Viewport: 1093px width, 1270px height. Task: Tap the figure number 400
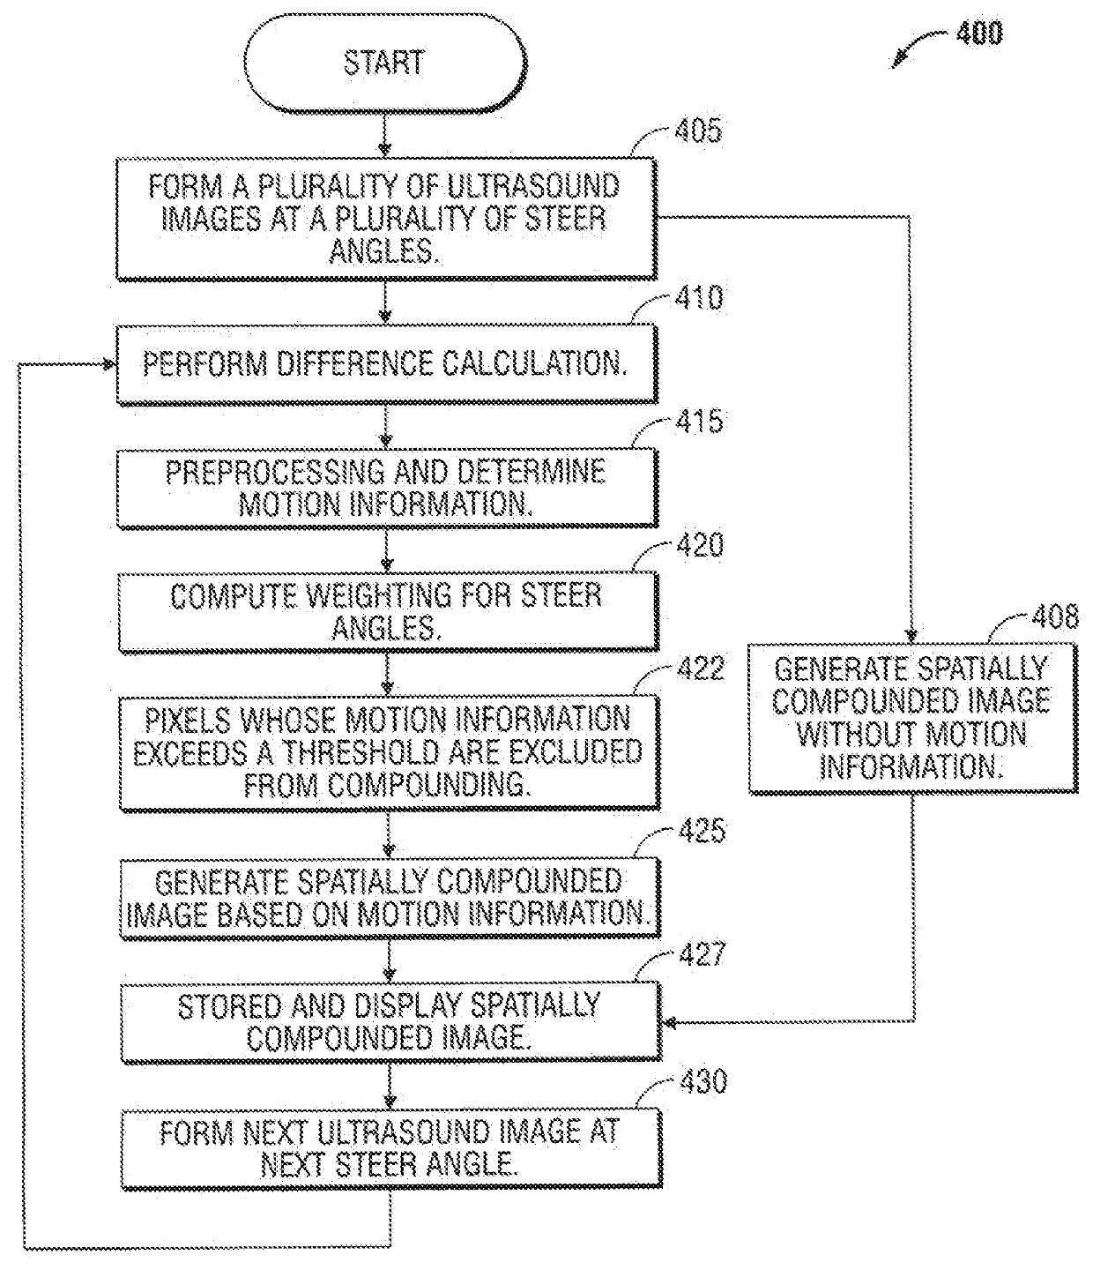pyautogui.click(x=979, y=34)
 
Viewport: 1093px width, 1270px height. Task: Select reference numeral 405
pyautogui.click(x=698, y=131)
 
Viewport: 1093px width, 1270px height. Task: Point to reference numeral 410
pyautogui.click(x=699, y=297)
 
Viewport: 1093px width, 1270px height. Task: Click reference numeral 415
pyautogui.click(x=700, y=422)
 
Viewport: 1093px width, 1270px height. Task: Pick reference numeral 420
pyautogui.click(x=700, y=545)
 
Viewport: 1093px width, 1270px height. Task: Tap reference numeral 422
pyautogui.click(x=702, y=669)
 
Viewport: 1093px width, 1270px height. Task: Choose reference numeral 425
pyautogui.click(x=703, y=831)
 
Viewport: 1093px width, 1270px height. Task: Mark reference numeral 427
pyautogui.click(x=703, y=954)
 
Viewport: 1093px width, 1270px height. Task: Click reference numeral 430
pyautogui.click(x=703, y=1081)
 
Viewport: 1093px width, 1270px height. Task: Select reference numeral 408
pyautogui.click(x=1056, y=616)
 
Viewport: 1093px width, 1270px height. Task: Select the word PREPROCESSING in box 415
pyautogui.click(x=276, y=473)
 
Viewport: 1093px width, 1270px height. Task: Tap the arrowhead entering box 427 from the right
pyautogui.click(x=669, y=1023)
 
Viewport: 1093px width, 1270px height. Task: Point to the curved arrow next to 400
pyautogui.click(x=917, y=45)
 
